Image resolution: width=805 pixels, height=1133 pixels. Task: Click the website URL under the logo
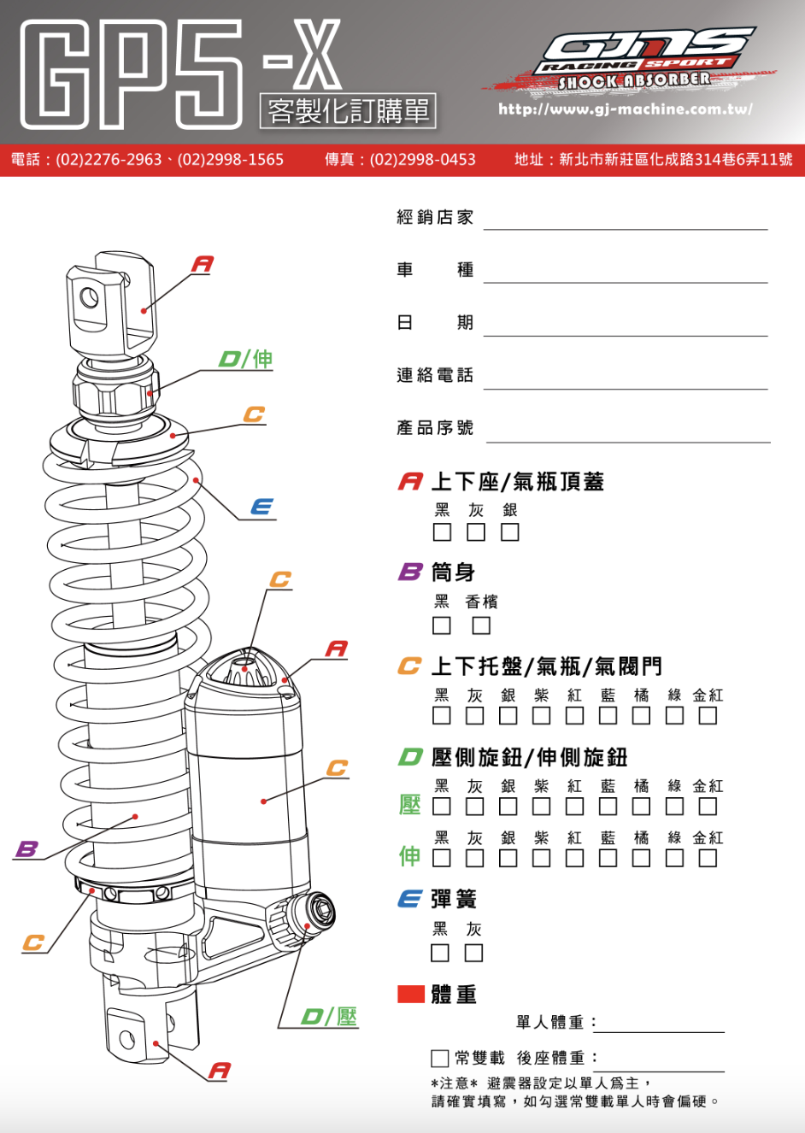[x=626, y=109]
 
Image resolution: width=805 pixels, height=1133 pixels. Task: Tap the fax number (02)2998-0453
[x=422, y=160]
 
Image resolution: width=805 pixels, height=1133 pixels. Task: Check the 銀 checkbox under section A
[x=510, y=532]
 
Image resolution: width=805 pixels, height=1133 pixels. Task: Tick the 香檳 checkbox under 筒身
[x=482, y=625]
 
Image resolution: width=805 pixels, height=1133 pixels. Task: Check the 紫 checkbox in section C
[x=542, y=715]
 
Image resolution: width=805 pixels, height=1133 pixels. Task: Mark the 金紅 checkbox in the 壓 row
[x=708, y=806]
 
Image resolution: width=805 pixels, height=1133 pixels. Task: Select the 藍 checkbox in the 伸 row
[x=608, y=858]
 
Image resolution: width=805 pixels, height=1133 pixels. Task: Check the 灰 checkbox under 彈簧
[x=473, y=953]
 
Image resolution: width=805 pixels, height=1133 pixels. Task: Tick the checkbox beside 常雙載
[x=440, y=1059]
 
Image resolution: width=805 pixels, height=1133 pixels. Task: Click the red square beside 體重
[x=411, y=994]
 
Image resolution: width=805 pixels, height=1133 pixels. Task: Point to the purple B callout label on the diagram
[x=27, y=848]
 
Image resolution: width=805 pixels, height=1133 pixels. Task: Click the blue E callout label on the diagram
[x=262, y=508]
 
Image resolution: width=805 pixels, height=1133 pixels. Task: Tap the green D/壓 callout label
[x=330, y=1017]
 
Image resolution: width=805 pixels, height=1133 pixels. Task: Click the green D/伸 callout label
[x=246, y=359]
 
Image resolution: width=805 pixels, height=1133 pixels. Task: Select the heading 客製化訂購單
[x=348, y=111]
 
